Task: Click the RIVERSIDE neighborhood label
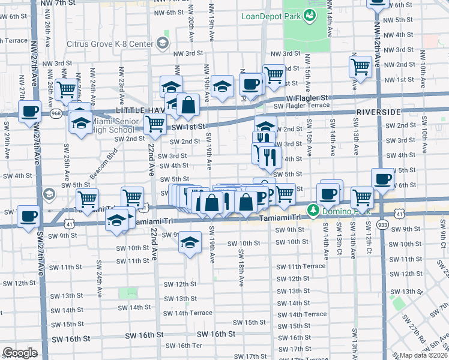click(x=378, y=112)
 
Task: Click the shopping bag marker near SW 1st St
click(x=188, y=105)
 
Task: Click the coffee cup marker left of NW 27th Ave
click(x=29, y=110)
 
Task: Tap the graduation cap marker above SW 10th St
click(x=190, y=242)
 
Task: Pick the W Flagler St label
click(x=307, y=97)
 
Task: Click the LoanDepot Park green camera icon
click(x=310, y=16)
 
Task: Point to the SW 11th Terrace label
click(x=301, y=266)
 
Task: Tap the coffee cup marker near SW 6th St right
click(x=383, y=178)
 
